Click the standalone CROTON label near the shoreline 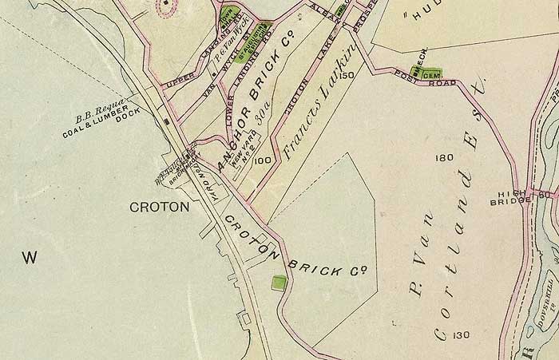[x=159, y=207]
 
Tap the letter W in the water [x=30, y=257]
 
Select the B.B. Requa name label [x=97, y=118]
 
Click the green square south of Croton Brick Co [x=279, y=283]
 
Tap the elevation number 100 [x=264, y=160]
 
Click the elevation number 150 [x=345, y=76]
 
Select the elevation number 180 [x=445, y=159]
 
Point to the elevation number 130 [x=461, y=334]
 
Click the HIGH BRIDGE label [x=509, y=196]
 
